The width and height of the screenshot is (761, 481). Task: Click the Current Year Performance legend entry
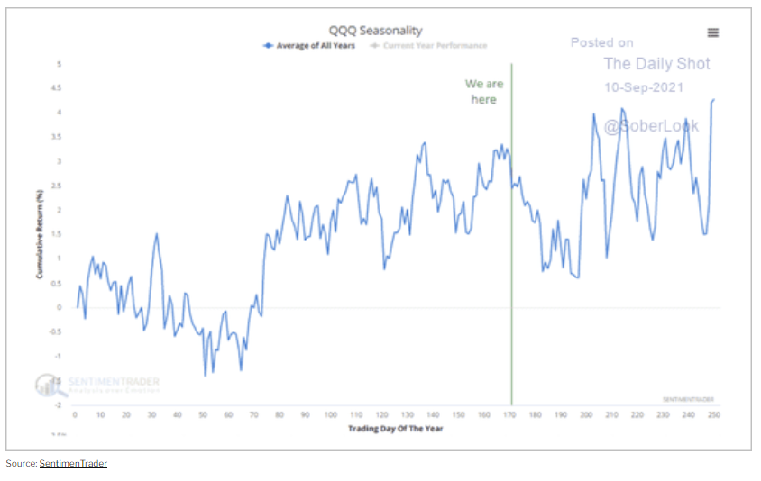(433, 45)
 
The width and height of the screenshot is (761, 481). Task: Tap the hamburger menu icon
(713, 32)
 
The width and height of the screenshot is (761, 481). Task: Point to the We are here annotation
(484, 91)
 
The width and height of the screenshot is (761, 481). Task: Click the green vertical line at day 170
(511, 270)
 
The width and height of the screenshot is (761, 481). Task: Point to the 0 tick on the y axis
(60, 307)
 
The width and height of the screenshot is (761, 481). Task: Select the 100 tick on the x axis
(331, 414)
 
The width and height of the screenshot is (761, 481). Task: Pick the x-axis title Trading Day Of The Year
(395, 429)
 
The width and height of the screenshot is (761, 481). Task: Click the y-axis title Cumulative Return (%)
(40, 233)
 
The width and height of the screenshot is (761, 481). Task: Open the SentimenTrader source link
(73, 463)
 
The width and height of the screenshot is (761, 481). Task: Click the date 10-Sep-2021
(644, 87)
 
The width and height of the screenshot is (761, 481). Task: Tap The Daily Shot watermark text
(656, 64)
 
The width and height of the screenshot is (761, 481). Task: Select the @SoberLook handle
(651, 125)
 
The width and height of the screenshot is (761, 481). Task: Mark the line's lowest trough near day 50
(206, 375)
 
